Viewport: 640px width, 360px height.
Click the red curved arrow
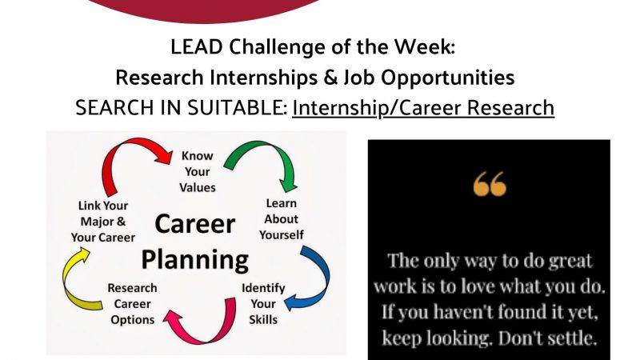pos(122,145)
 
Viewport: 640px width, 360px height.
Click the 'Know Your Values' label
pos(198,172)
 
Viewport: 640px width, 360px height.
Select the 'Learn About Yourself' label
pos(282,219)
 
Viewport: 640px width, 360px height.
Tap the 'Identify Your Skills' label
pos(263,304)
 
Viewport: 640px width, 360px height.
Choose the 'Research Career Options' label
pos(132,304)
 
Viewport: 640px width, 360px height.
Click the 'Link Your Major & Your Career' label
pos(103,222)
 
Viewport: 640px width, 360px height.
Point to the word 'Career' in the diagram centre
pos(195,224)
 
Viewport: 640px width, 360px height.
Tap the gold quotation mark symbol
pos(490,184)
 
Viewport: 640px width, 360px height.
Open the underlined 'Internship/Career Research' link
pos(423,108)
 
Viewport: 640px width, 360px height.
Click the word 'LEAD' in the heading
pos(196,47)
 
